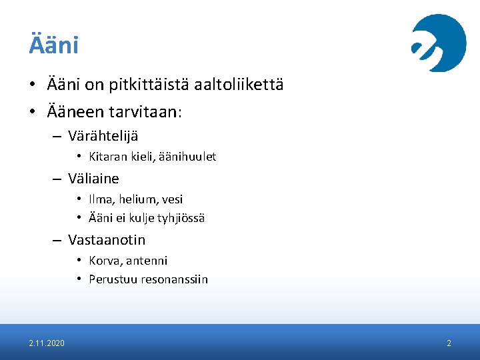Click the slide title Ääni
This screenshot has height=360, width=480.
53,45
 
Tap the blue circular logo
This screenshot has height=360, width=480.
438,43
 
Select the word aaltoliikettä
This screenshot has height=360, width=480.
239,85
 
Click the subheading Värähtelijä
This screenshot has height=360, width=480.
103,136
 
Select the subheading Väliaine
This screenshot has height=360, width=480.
93,178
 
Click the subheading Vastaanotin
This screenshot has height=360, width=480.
107,239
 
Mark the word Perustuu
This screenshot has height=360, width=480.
111,279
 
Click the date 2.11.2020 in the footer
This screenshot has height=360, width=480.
47,343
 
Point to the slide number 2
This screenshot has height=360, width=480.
449,343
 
